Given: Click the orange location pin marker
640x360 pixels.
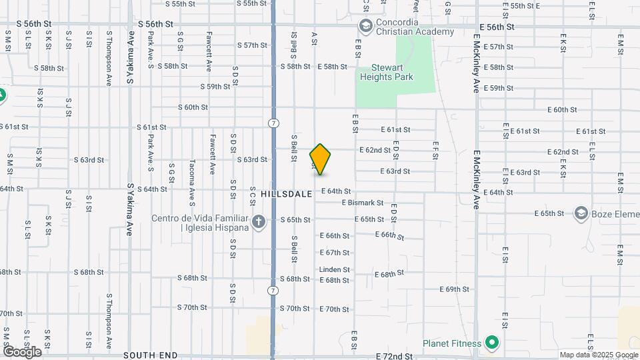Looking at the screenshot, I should (x=320, y=159).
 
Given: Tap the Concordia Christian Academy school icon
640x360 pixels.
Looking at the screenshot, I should (x=365, y=26).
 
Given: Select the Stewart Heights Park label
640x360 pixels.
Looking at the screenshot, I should (x=387, y=72).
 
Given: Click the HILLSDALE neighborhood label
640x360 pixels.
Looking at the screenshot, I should (x=286, y=193).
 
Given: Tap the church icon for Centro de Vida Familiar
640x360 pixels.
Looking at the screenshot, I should (x=259, y=221).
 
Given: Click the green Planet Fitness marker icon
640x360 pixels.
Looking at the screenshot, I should (x=492, y=343).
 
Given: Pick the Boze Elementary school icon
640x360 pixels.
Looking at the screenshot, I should (x=581, y=213).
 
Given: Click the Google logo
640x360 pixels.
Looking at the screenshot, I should (x=21, y=351).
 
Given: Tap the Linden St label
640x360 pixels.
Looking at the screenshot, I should (x=335, y=270).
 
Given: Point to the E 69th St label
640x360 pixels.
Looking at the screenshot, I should (x=455, y=289).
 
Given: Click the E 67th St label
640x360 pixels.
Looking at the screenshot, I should (x=335, y=253).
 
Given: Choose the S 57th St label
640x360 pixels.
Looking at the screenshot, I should (x=252, y=46).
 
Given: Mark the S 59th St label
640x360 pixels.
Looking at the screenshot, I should (x=216, y=87).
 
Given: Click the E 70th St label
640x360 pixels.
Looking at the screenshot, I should (x=335, y=309).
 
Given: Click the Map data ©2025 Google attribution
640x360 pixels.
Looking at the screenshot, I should (x=598, y=355).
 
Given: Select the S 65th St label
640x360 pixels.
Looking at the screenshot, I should (x=295, y=220).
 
